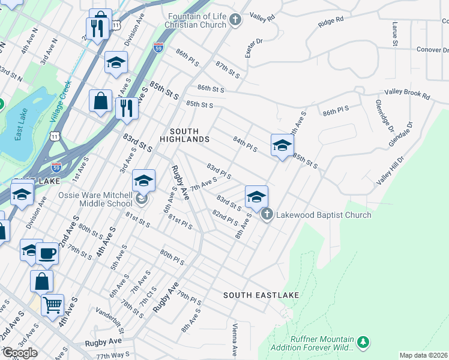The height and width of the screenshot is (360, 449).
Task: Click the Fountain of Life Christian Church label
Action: coord(197,20)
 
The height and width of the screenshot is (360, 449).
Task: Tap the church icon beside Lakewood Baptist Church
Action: coord(267,214)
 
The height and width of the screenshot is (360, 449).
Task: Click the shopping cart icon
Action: coord(52,305)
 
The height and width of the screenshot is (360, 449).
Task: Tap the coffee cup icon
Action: coord(47,253)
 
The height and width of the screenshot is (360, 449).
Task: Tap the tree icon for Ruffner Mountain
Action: coord(363,342)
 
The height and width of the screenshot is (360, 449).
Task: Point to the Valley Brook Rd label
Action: coord(408,95)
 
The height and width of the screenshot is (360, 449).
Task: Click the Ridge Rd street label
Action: coord(331,22)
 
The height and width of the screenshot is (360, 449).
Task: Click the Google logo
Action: coord(20,353)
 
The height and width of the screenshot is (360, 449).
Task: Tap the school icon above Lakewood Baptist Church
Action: coord(256,197)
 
